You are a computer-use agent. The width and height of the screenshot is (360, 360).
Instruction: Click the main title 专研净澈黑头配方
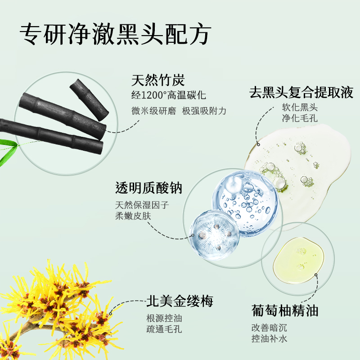pyautogui.click(x=115, y=34)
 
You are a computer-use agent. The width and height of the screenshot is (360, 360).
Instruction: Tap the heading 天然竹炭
pyautogui.click(x=158, y=80)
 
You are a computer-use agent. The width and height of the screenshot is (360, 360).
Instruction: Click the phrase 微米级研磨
pyautogui.click(x=153, y=111)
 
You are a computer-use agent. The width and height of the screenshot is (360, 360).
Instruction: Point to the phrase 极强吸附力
pyautogui.click(x=204, y=111)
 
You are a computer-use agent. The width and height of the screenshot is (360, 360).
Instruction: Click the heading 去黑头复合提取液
pyautogui.click(x=301, y=93)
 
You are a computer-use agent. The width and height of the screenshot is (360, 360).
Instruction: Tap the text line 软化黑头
pyautogui.click(x=300, y=107)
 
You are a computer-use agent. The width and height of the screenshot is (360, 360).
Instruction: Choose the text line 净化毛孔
pyautogui.click(x=300, y=118)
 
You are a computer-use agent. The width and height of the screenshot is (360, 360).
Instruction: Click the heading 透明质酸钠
pyautogui.click(x=148, y=188)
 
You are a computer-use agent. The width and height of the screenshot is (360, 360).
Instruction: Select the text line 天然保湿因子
pyautogui.click(x=142, y=205)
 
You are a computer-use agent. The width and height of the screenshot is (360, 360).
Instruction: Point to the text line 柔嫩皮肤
pyautogui.click(x=133, y=216)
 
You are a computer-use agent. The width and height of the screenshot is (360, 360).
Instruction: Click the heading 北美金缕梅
pyautogui.click(x=180, y=301)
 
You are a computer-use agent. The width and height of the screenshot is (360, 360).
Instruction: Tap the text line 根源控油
pyautogui.click(x=164, y=318)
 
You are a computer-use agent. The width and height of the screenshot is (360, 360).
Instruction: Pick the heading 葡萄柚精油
pyautogui.click(x=285, y=310)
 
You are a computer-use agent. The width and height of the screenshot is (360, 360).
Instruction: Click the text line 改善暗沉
pyautogui.click(x=269, y=328)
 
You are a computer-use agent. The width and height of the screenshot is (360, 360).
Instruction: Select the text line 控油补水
pyautogui.click(x=269, y=339)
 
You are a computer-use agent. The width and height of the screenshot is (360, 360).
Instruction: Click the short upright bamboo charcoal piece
pyautogui.click(x=89, y=99)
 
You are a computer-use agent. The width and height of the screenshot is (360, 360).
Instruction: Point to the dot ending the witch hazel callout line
pyautogui.click(x=110, y=313)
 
